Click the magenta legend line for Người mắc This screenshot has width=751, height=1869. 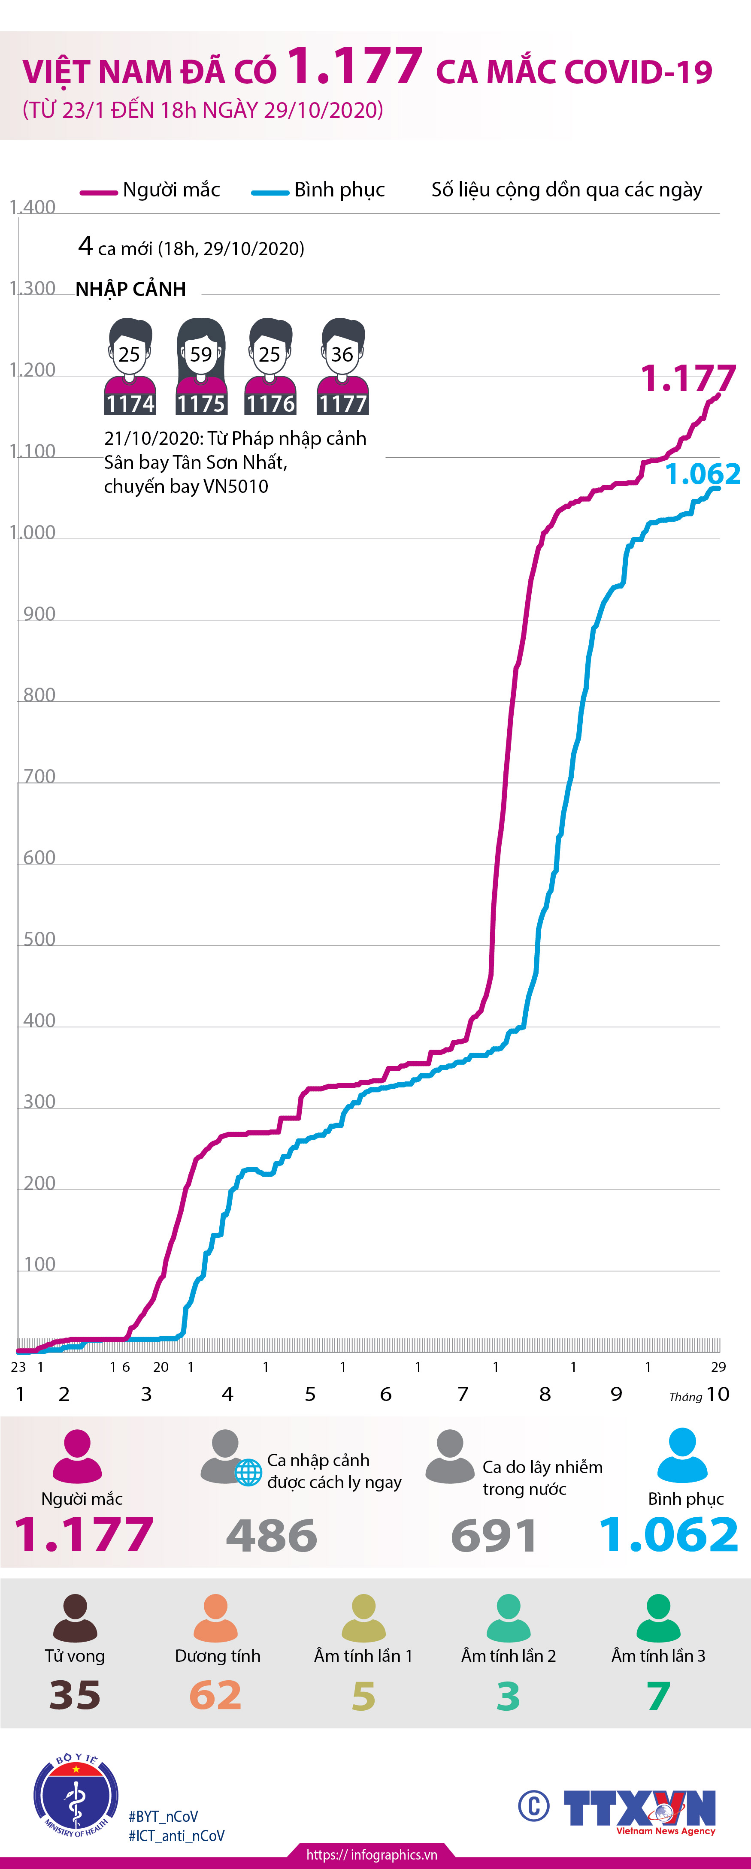click(99, 192)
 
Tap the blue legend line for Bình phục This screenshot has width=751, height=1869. click(270, 192)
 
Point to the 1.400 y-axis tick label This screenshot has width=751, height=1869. click(33, 208)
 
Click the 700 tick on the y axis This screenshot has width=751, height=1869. click(39, 776)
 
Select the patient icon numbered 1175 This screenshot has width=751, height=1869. click(201, 366)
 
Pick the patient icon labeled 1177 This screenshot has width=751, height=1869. click(342, 366)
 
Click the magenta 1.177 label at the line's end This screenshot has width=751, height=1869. click(688, 379)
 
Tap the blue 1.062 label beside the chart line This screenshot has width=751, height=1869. click(703, 474)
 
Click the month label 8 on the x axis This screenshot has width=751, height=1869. click(545, 1394)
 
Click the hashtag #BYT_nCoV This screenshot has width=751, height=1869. click(163, 1816)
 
